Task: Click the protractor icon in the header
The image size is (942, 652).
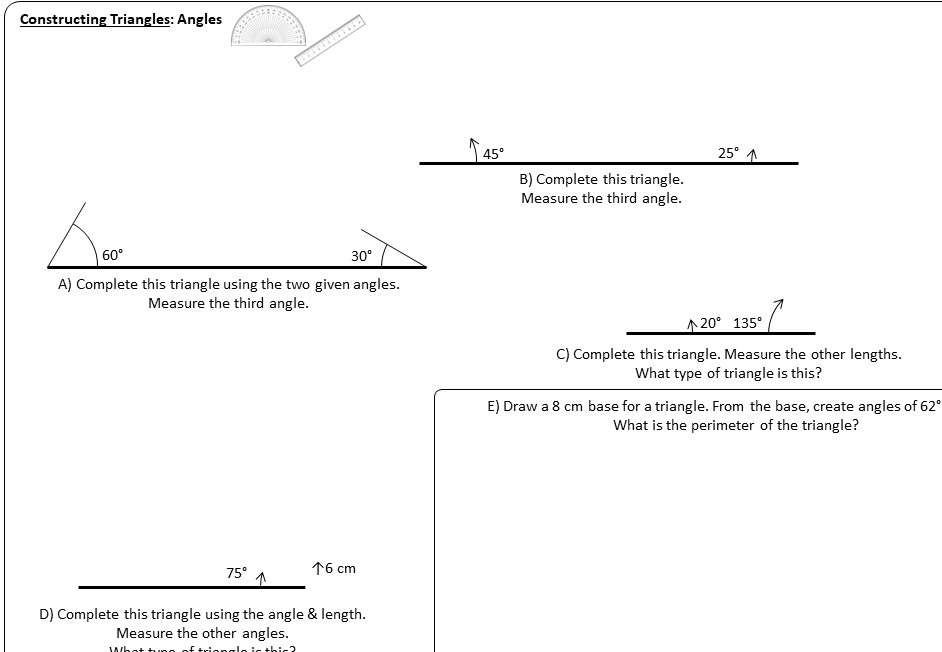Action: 268,28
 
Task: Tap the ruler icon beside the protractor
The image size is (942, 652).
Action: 330,40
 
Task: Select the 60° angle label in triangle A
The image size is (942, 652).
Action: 112,255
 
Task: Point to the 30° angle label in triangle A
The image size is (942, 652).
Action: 361,256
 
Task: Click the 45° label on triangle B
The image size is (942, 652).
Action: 494,154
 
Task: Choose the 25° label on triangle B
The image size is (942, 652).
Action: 729,153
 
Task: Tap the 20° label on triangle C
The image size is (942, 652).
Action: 710,323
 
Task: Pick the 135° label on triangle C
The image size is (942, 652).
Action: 747,323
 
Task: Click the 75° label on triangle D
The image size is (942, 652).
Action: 236,573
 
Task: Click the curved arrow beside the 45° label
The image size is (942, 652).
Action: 475,149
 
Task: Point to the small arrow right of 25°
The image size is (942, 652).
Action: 752,155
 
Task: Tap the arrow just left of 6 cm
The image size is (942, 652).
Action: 317,568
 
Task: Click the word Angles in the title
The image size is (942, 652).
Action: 199,19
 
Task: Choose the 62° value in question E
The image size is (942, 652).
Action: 929,406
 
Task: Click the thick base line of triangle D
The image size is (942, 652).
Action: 191,587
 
